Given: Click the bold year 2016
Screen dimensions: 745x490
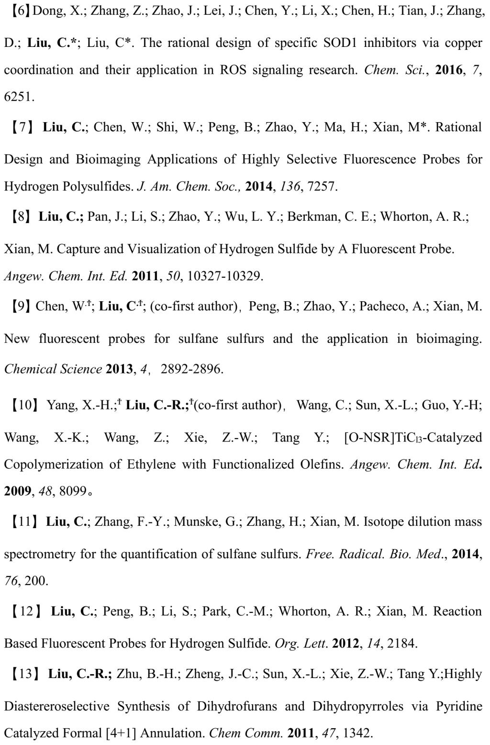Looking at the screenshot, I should point(449,70).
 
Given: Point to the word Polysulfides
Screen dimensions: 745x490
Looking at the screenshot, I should point(97,186).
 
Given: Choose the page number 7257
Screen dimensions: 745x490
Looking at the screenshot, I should point(323,186).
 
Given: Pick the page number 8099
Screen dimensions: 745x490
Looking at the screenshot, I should point(73,491).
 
